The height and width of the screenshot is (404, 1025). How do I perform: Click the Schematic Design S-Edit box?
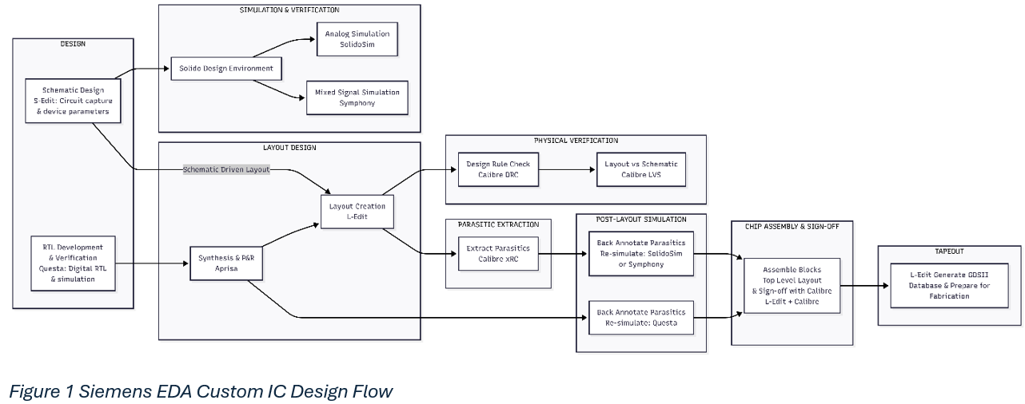[x=74, y=101]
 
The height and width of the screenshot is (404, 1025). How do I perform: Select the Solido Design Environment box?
[x=226, y=69]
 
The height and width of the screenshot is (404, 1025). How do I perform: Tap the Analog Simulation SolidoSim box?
[x=357, y=39]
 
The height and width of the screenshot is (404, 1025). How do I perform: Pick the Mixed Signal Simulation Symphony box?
[x=357, y=97]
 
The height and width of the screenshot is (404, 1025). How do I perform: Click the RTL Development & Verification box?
[x=74, y=263]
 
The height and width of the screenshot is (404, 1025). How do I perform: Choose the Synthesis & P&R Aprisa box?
[x=226, y=263]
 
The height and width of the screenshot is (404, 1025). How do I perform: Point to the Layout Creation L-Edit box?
[x=357, y=212]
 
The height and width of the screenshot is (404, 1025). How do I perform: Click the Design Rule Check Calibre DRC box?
[x=498, y=169]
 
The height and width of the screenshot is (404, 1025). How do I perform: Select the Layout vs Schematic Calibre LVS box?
[x=641, y=169]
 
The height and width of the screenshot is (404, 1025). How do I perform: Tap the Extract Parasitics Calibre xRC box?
[x=498, y=254]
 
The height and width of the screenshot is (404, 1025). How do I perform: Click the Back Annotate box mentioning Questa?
[x=641, y=318]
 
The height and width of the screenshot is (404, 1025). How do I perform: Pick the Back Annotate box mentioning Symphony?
[x=641, y=254]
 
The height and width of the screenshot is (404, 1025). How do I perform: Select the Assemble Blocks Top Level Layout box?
[x=792, y=286]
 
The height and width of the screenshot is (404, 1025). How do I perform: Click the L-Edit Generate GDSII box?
[x=950, y=286]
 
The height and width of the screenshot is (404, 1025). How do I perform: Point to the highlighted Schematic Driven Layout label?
[x=226, y=169]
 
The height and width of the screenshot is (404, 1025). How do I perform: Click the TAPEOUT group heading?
[x=950, y=252]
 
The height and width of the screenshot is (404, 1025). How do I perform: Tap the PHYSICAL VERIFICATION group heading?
[x=576, y=141]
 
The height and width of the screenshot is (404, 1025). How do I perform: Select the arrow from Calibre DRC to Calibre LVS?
[x=568, y=169]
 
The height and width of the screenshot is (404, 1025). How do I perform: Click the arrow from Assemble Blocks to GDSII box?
[x=865, y=286]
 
